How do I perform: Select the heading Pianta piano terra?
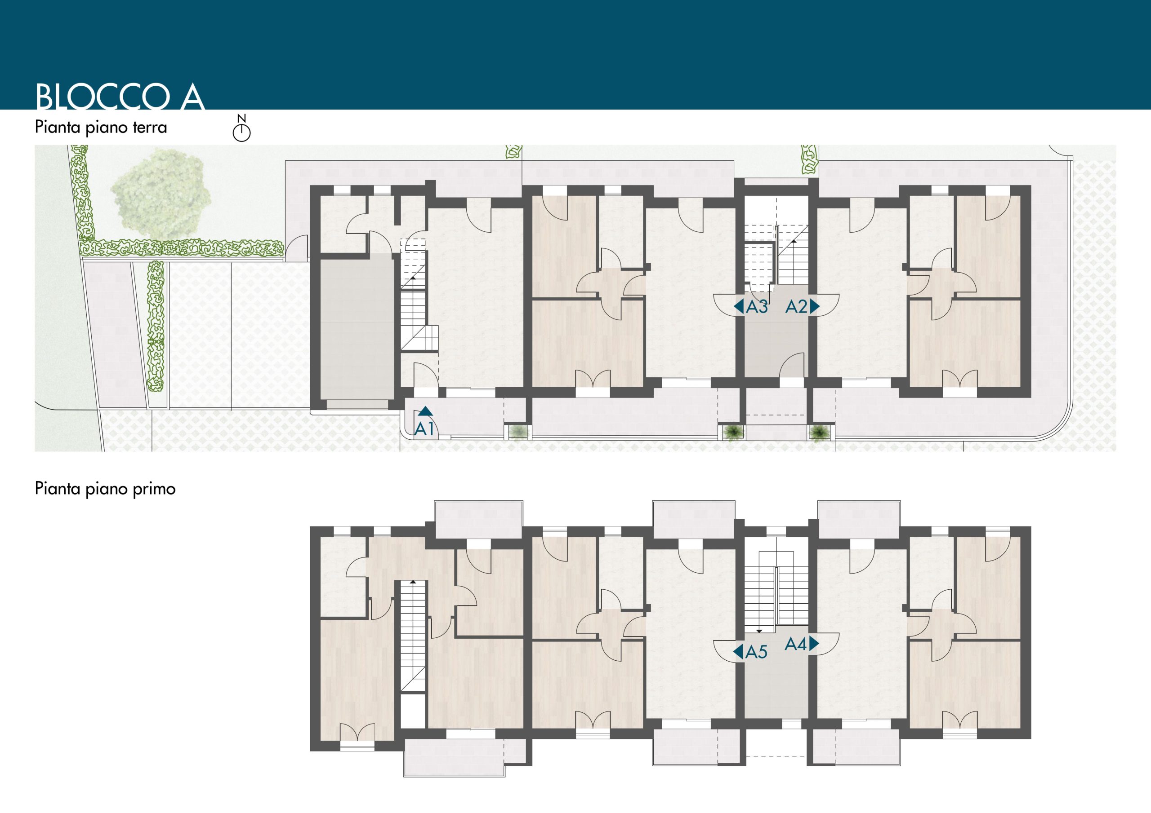[x=101, y=127]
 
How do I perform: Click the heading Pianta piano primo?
[x=105, y=488]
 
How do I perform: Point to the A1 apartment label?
[x=424, y=429]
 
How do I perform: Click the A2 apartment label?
[x=796, y=307]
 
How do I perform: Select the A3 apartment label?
[x=757, y=307]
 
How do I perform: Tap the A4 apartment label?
[x=795, y=644]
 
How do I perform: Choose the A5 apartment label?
[x=756, y=652]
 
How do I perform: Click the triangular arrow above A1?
[x=425, y=411]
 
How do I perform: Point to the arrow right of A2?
[x=815, y=307]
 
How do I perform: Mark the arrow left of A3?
[x=738, y=307]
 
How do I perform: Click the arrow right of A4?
[x=814, y=644]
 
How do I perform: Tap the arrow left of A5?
[x=738, y=652]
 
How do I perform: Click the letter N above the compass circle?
[x=241, y=119]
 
